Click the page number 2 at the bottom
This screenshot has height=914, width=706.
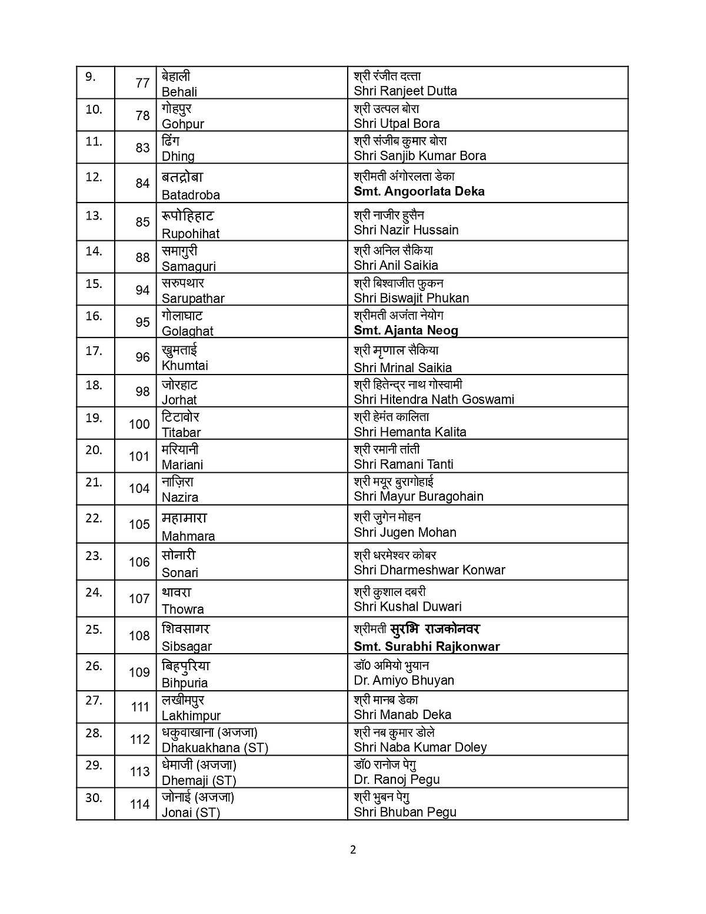click(x=353, y=850)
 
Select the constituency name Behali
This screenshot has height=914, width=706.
click(x=179, y=92)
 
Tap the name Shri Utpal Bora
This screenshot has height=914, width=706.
click(x=397, y=124)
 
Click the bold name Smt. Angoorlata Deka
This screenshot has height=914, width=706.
click(x=419, y=191)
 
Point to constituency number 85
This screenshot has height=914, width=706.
click(x=142, y=222)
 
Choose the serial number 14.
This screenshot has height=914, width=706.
click(x=94, y=251)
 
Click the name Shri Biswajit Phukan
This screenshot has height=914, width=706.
click(x=411, y=298)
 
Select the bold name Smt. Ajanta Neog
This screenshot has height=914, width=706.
click(x=405, y=330)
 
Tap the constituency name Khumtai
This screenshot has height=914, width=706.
click(x=185, y=366)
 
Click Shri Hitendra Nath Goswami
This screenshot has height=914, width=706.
click(x=434, y=400)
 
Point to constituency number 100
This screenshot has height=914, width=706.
click(x=139, y=424)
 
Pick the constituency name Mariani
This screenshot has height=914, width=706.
click(x=182, y=465)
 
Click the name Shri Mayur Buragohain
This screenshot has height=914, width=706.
click(x=418, y=496)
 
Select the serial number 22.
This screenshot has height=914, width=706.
click(x=94, y=518)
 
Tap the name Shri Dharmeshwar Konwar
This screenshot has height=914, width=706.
click(x=429, y=570)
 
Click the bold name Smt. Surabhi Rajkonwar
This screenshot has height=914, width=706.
click(x=427, y=647)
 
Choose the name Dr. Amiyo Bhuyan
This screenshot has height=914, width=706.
click(x=404, y=681)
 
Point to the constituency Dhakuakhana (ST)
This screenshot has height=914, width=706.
click(x=215, y=748)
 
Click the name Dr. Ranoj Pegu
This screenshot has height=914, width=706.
click(x=397, y=780)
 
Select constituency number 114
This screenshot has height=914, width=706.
click(x=139, y=804)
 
